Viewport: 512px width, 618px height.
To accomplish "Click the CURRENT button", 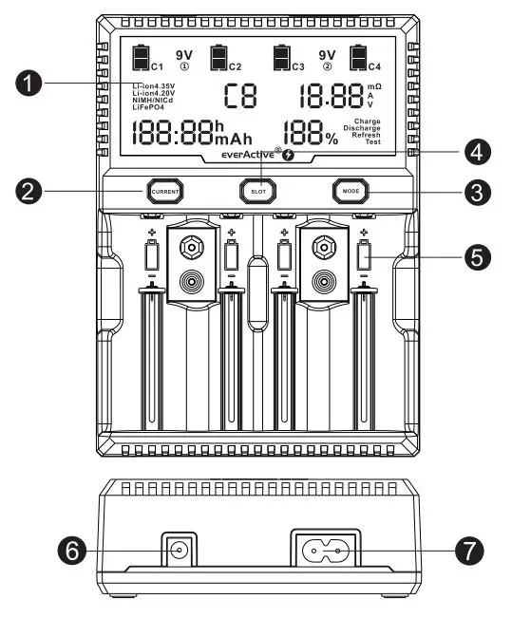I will pos(162,192).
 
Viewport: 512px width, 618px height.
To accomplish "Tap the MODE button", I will pos(350,191).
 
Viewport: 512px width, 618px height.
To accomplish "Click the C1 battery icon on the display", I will pos(142,59).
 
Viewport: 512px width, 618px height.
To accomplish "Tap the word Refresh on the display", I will pos(366,135).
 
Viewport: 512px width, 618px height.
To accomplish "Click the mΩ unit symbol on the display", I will pos(374,86).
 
